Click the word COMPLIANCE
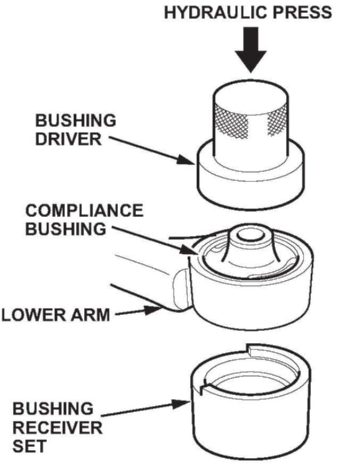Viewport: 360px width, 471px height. coord(84,210)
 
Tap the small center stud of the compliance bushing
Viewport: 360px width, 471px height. coord(250,234)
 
